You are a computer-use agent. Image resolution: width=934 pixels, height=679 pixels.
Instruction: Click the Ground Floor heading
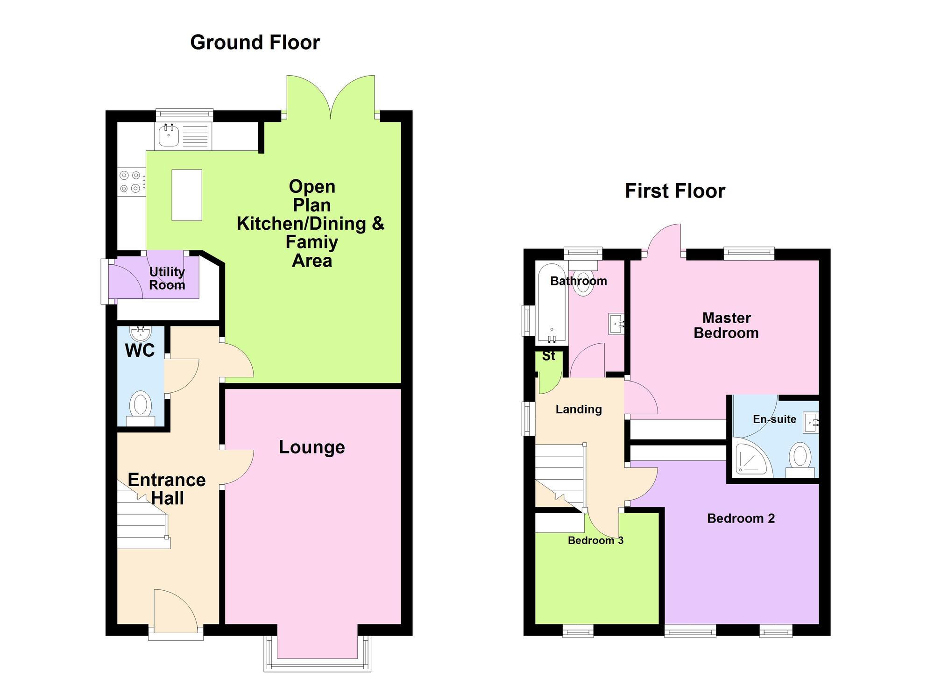tap(255, 42)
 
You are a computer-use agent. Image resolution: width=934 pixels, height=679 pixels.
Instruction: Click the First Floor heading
tap(675, 191)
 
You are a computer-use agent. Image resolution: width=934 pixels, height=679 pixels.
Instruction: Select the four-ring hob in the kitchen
tap(130, 182)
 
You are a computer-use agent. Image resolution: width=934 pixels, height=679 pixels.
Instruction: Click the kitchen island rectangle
tap(187, 195)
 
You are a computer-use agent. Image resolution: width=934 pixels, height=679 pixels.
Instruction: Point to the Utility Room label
tap(167, 278)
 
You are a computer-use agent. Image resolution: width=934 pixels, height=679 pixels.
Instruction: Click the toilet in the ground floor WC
tap(141, 408)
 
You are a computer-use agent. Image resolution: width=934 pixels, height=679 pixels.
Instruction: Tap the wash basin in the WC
tap(141, 333)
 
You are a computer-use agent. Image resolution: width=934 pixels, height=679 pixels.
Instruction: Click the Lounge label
tap(312, 447)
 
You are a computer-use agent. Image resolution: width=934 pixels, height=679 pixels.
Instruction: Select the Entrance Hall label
tap(167, 489)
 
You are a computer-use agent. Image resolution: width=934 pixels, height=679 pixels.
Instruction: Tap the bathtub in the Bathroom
tap(552, 303)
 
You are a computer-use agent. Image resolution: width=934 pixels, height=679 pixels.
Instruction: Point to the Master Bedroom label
tap(726, 325)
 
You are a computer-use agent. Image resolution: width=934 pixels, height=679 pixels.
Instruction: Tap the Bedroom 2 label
tap(741, 518)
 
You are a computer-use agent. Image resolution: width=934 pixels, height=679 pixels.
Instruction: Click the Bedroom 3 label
tap(595, 540)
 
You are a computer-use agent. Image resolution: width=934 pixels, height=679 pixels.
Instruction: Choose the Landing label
tap(579, 410)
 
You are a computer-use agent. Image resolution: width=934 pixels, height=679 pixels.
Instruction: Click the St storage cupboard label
tap(549, 356)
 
